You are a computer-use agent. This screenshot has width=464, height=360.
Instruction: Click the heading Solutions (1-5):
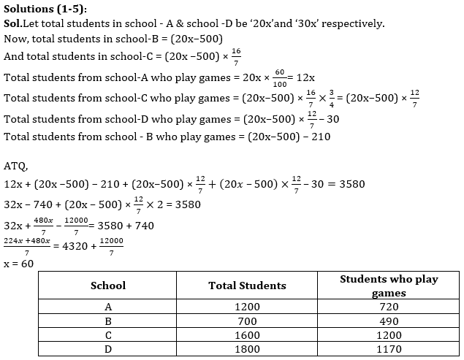point(45,8)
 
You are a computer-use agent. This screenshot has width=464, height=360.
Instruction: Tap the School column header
point(107,286)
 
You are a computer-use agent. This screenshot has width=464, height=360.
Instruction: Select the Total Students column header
point(247,286)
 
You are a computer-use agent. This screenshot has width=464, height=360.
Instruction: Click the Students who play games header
point(389,286)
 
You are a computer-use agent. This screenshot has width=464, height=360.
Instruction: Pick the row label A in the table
point(107,307)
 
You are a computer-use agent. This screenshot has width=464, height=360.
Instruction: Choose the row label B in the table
point(107,321)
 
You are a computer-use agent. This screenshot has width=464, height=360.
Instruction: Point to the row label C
point(107,335)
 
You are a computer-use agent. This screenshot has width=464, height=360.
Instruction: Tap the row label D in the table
point(107,349)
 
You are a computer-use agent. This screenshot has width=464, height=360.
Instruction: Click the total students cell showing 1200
point(247,307)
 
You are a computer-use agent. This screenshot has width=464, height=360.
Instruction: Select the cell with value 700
point(247,321)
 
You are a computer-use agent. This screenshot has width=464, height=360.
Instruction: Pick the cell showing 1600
point(247,335)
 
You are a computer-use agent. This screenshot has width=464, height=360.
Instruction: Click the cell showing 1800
point(247,349)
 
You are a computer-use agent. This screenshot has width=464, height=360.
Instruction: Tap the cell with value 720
point(389,307)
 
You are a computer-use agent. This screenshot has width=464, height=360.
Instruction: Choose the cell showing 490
point(389,321)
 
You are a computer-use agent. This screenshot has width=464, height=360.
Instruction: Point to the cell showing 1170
point(389,349)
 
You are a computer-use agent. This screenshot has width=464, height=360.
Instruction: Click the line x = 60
point(18,263)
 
